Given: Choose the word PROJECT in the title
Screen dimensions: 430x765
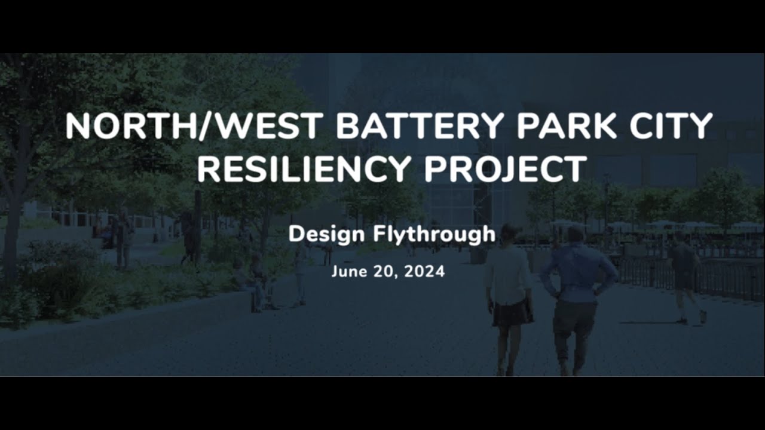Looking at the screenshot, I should [506, 169].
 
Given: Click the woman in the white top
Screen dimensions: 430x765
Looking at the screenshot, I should [508, 281].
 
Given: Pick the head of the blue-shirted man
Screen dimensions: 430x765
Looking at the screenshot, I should [576, 234].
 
